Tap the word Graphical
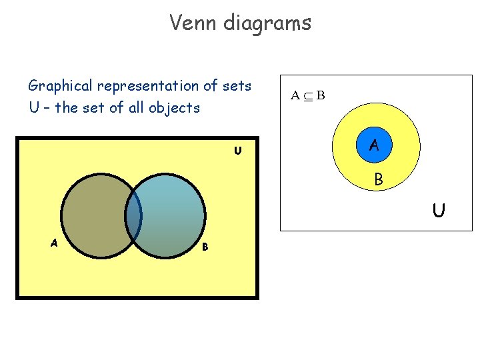[x=61, y=87]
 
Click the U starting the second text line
[x=34, y=108]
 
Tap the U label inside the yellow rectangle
[x=237, y=151]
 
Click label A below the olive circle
[x=53, y=243]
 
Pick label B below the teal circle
[x=205, y=247]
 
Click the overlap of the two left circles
[x=134, y=215]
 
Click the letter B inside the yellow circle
[x=378, y=179]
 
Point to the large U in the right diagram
[x=438, y=211]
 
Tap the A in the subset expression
[x=295, y=95]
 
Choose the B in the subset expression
[x=321, y=95]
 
